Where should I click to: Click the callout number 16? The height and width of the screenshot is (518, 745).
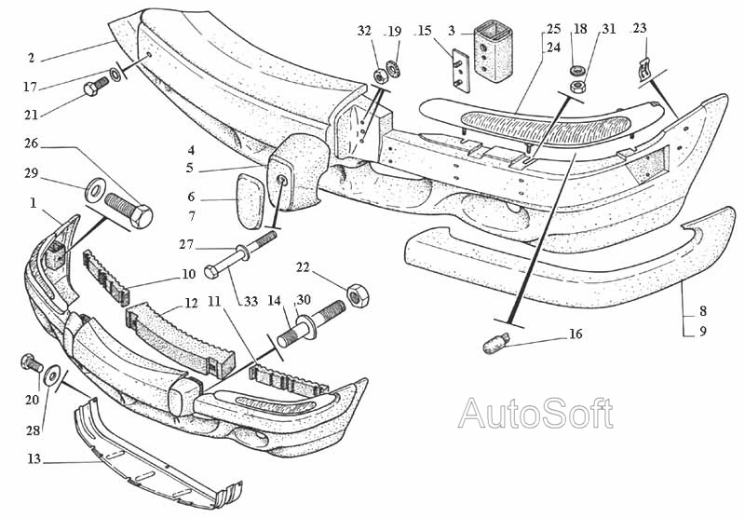point(576,334)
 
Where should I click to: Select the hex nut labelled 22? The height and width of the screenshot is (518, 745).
point(356,295)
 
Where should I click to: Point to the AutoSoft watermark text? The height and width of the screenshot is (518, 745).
point(535,413)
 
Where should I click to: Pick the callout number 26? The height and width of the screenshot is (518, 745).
point(32,144)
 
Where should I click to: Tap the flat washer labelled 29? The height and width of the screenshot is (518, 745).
point(95,192)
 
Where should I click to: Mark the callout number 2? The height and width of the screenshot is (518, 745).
point(32,58)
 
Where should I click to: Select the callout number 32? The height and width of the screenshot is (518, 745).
point(364,31)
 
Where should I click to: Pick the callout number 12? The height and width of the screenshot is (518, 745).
point(190,303)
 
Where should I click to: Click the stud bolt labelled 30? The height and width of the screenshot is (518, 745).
point(318,322)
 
